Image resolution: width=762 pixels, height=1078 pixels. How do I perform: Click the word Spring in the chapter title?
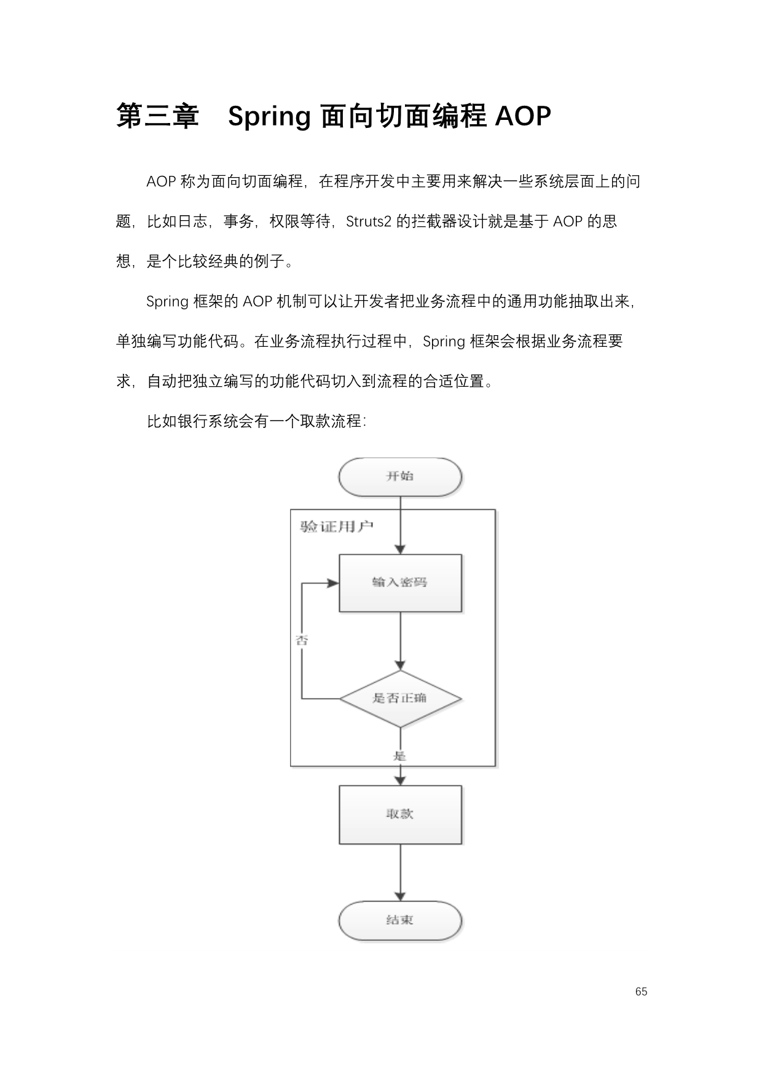[269, 117]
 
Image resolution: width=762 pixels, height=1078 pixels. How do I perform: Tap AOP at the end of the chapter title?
[523, 116]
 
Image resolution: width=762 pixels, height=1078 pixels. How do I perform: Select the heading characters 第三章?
[158, 116]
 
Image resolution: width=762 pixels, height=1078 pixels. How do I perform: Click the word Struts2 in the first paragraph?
[369, 221]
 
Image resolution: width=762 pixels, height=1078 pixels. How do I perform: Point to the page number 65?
[642, 991]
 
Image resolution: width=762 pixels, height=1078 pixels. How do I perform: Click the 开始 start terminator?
[400, 477]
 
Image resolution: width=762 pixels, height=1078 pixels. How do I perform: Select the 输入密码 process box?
[400, 583]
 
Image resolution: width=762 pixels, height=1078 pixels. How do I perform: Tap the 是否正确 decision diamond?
[400, 699]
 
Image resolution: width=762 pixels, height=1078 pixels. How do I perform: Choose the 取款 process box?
[400, 814]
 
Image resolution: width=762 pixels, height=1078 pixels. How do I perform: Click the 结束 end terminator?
[400, 921]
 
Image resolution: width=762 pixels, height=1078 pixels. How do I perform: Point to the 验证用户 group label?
[337, 526]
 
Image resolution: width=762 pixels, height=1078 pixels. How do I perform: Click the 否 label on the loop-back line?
[302, 640]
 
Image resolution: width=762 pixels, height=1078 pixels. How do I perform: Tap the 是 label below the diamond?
[400, 756]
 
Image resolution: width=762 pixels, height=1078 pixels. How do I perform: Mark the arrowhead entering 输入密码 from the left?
[333, 583]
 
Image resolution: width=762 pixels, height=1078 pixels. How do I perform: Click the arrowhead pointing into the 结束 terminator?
[400, 896]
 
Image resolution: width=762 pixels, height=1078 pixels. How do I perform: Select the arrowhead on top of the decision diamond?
[400, 665]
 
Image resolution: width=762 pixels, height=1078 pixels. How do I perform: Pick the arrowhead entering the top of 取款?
[400, 780]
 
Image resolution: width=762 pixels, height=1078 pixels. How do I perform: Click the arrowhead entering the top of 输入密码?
[400, 549]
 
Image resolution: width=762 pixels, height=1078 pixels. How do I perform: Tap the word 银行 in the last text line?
[193, 421]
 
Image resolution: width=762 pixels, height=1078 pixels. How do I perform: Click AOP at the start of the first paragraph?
[162, 182]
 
